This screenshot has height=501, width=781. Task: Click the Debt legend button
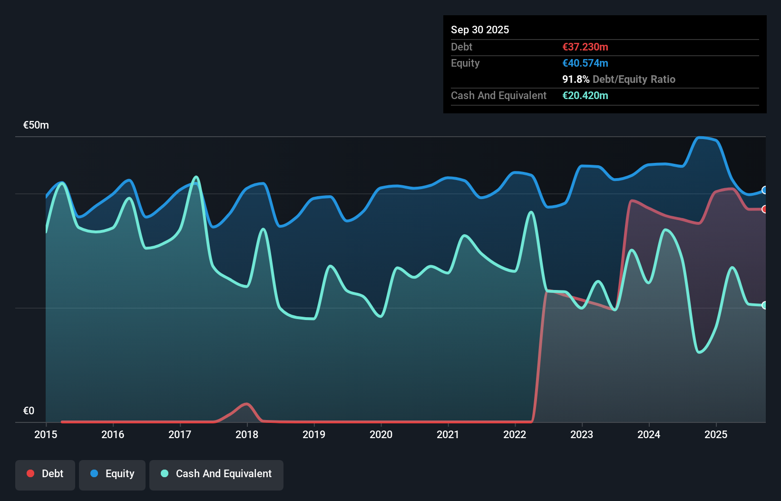tap(45, 474)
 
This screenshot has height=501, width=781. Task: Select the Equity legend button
tap(112, 474)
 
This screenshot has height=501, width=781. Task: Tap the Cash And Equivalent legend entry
tap(216, 474)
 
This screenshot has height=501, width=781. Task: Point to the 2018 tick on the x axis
tap(247, 434)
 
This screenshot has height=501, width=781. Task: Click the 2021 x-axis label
tap(448, 434)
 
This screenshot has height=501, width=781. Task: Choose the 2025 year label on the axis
tap(716, 434)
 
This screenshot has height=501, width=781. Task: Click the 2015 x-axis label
tap(46, 434)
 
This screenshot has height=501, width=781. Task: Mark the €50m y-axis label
tap(36, 125)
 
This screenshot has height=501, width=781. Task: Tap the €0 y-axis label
tap(29, 411)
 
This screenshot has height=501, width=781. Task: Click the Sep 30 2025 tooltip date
tap(480, 30)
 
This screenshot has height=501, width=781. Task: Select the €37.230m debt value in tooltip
tap(585, 47)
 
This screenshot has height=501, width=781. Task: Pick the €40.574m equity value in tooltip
tap(585, 63)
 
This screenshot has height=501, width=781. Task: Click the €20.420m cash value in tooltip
tap(585, 95)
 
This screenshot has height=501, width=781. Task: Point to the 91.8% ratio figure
tap(576, 79)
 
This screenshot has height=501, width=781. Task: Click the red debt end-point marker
tap(764, 209)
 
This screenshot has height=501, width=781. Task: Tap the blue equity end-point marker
tap(764, 190)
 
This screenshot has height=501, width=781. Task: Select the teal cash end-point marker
tap(764, 305)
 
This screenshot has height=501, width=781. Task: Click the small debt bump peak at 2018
tap(246, 404)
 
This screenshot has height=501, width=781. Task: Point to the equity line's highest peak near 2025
tap(699, 138)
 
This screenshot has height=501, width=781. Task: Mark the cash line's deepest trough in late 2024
tap(699, 352)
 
